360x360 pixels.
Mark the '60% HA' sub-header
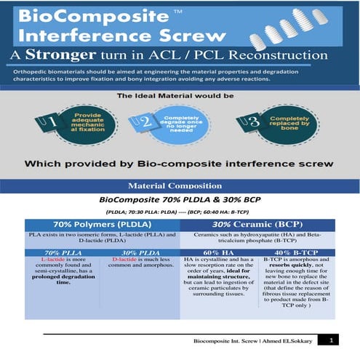tap(217, 252)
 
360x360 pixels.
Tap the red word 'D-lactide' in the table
tap(127, 259)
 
